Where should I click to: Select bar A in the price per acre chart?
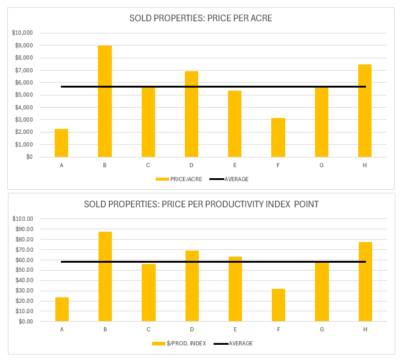click(61, 143)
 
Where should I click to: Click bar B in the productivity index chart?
click(105, 276)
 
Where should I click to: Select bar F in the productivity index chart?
click(279, 305)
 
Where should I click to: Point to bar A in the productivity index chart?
click(62, 309)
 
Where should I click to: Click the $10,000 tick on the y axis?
click(23, 33)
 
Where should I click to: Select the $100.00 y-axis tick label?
click(24, 218)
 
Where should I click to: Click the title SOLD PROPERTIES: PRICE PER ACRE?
click(201, 18)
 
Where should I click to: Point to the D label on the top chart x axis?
click(192, 165)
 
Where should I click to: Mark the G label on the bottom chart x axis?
click(322, 329)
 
